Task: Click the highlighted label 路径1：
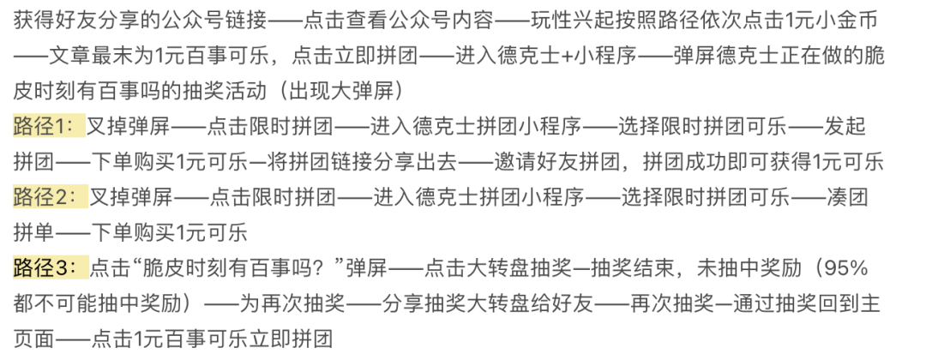click(49, 127)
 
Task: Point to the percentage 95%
click(844, 268)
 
